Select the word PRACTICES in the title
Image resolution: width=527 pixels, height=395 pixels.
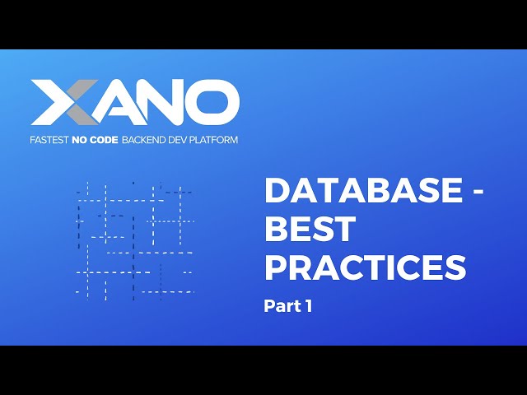tap(365, 268)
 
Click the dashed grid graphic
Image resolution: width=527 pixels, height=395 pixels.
tap(134, 239)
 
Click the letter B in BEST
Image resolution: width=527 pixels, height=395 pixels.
tap(276, 230)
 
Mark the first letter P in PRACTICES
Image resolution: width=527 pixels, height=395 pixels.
tap(276, 268)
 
